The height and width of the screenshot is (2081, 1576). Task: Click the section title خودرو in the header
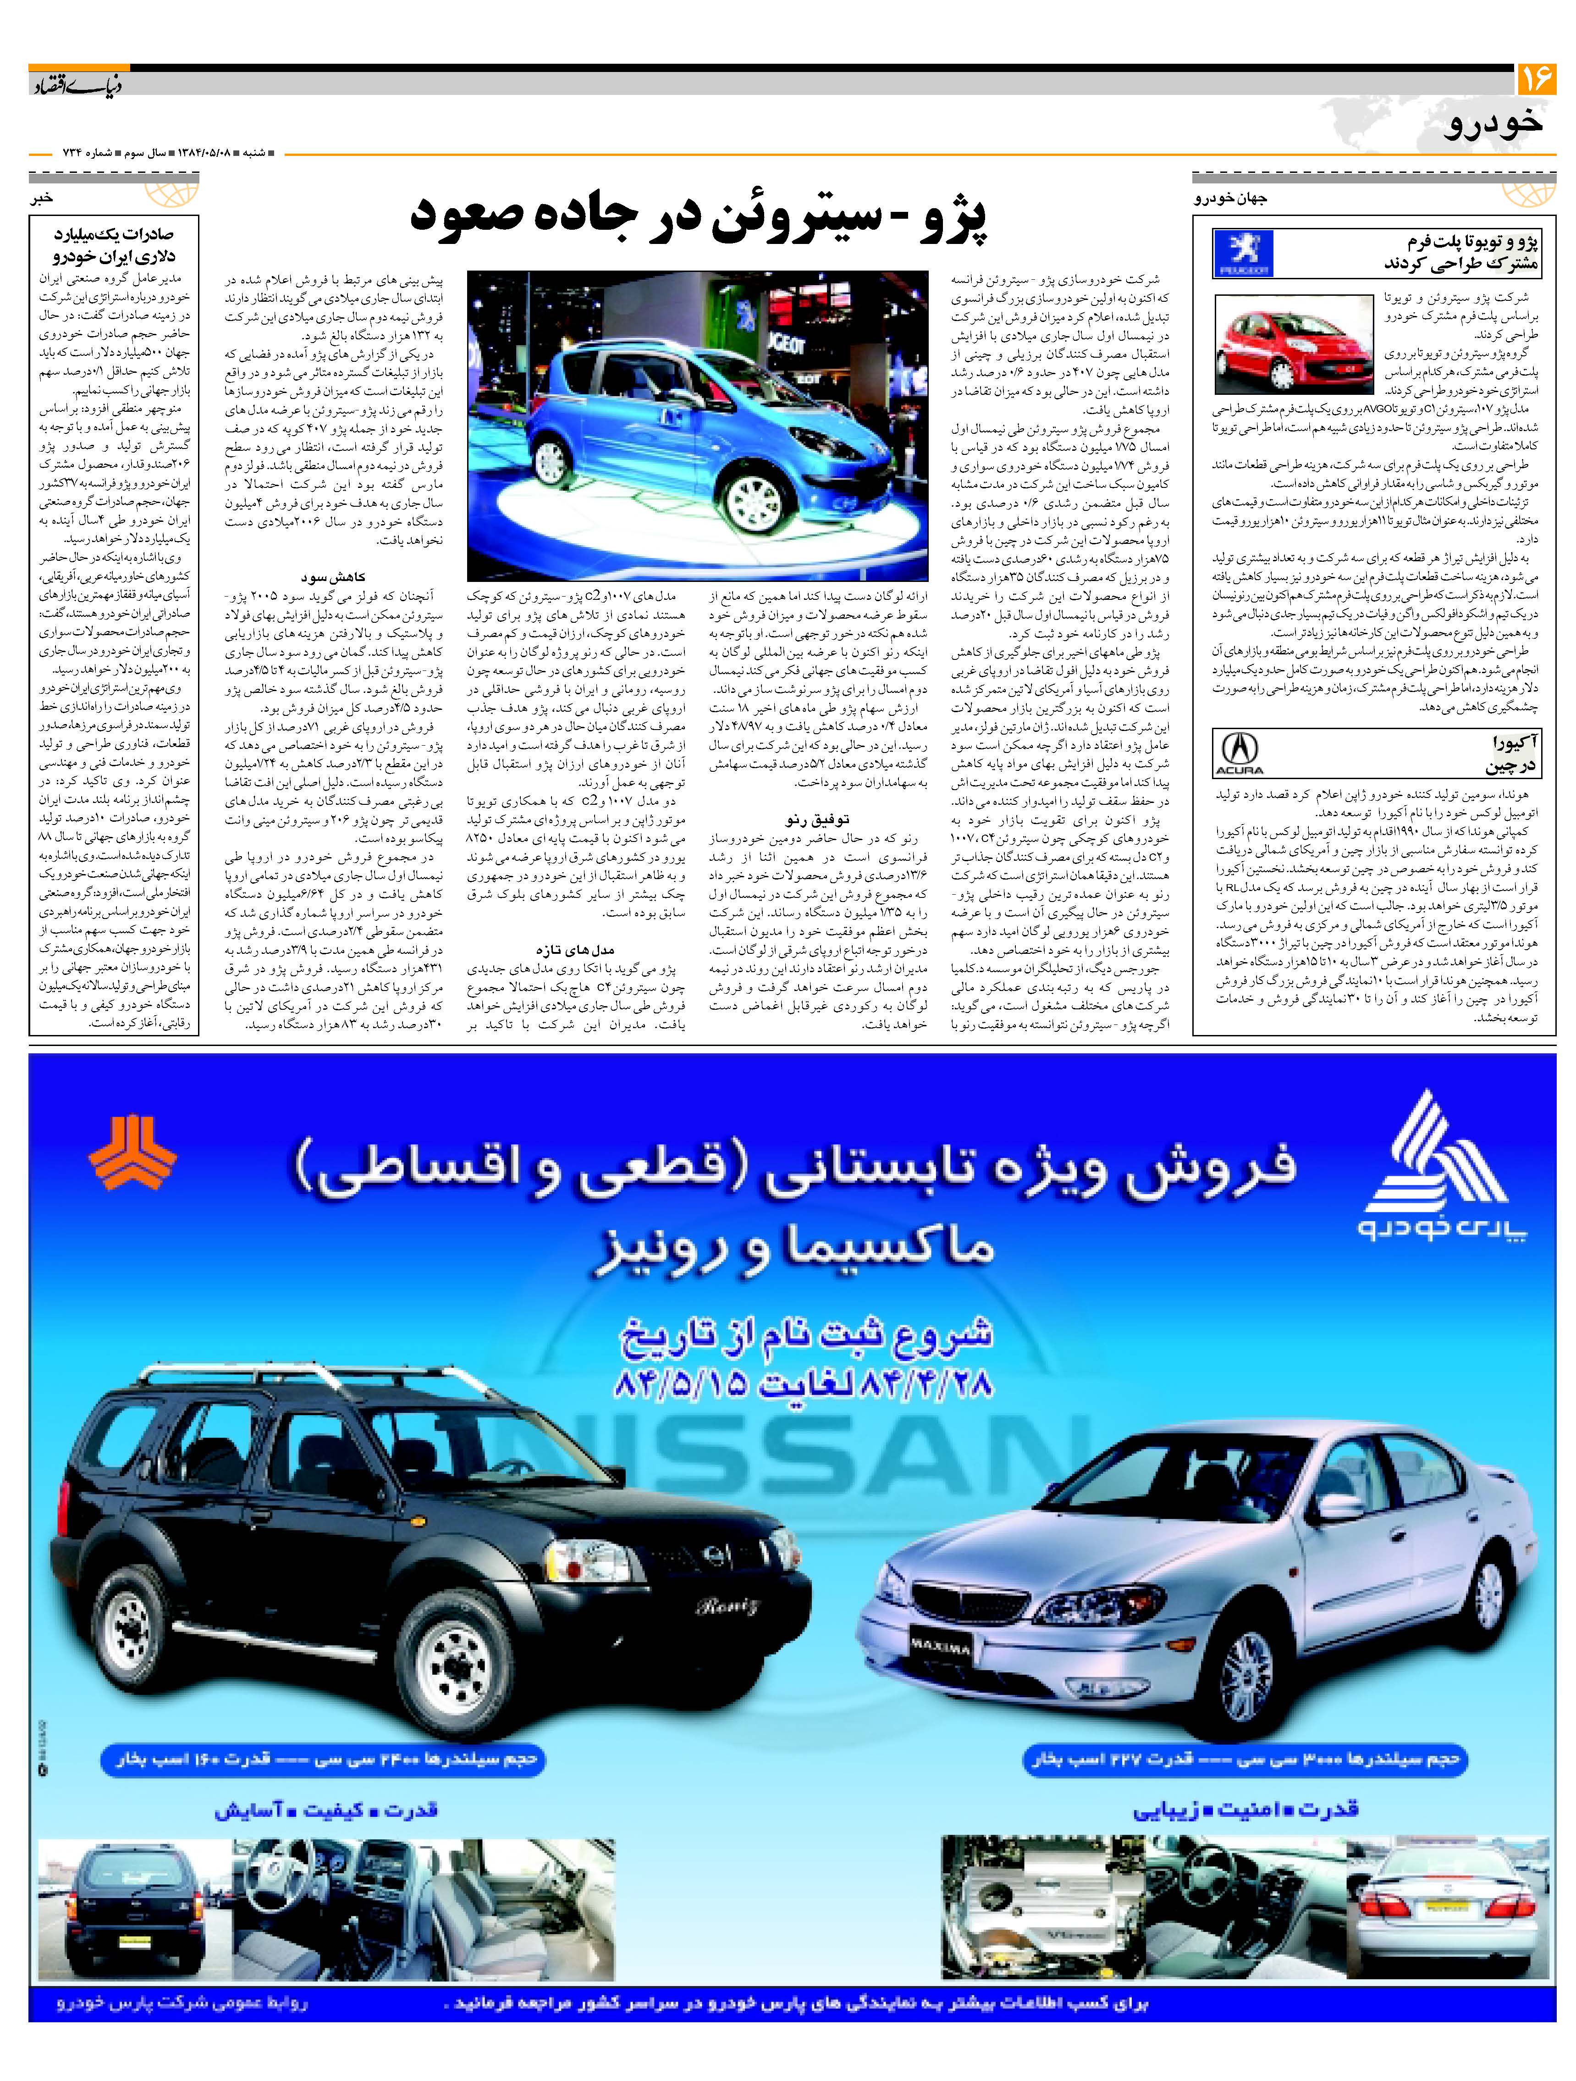coord(1493,125)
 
